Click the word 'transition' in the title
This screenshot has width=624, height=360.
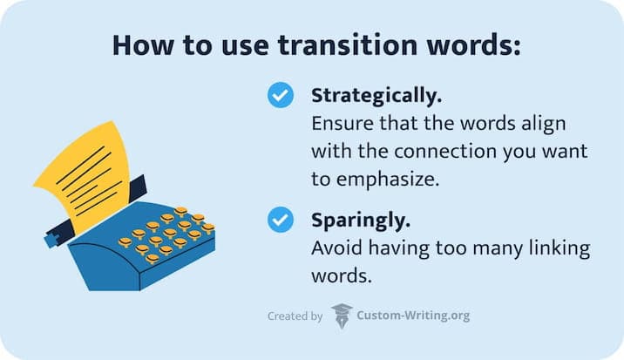[x=338, y=45]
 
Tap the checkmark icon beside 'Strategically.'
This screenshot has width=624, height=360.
[x=280, y=96]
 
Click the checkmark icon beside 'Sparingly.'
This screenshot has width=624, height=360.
[x=280, y=221]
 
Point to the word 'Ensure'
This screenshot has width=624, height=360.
[x=339, y=123]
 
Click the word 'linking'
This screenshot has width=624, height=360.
[x=559, y=248]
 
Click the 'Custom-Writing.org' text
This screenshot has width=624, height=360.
[x=414, y=316]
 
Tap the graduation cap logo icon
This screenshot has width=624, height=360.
[x=342, y=316]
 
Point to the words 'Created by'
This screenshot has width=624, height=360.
[x=295, y=316]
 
